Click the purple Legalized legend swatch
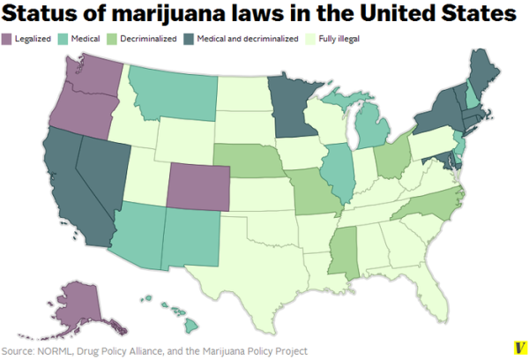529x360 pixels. click(7, 39)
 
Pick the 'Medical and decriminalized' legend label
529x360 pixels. click(242, 39)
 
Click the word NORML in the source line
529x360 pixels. click(52, 350)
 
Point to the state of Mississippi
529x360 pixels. click(342, 248)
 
